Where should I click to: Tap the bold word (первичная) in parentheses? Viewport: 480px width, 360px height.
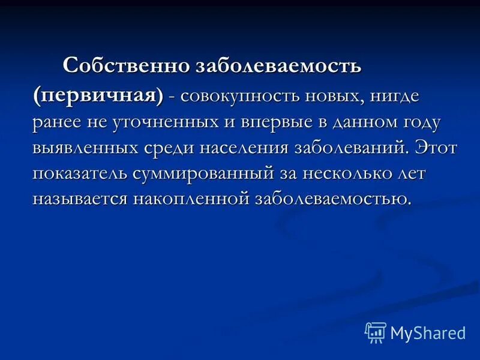(98, 95)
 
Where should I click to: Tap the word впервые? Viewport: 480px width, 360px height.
(275, 122)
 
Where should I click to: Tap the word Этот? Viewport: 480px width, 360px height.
(434, 147)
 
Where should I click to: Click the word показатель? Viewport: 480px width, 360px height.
(79, 173)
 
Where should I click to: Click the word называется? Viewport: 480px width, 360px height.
(79, 199)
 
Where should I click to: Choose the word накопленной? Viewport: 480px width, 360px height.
(190, 199)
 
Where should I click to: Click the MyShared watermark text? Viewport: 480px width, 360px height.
(428, 333)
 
